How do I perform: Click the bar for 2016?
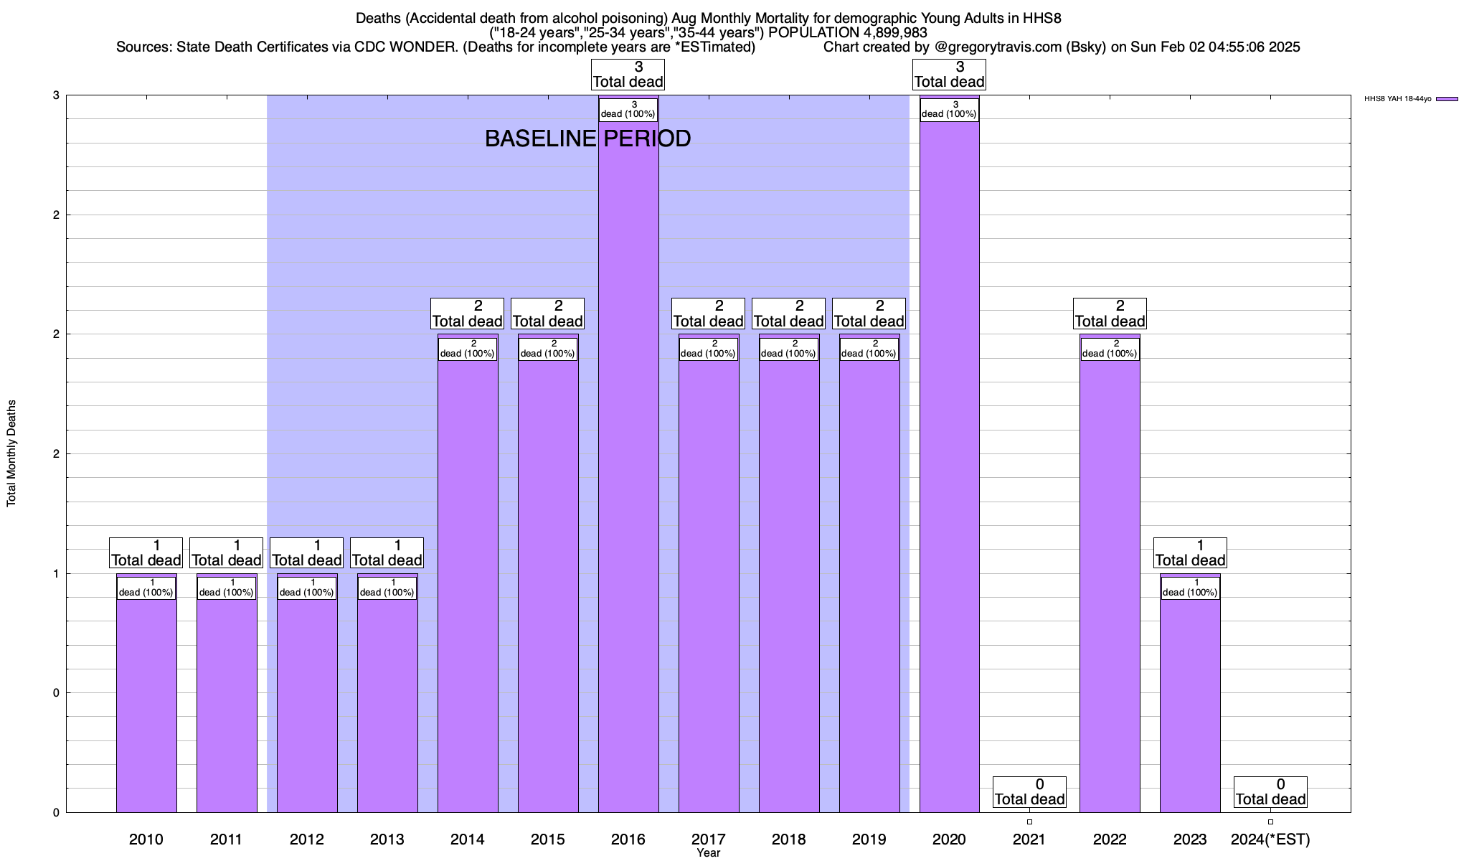click(628, 466)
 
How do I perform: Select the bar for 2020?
click(949, 466)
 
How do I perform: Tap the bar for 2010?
click(146, 703)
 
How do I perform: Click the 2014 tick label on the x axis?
click(467, 839)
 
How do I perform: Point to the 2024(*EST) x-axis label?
click(1270, 839)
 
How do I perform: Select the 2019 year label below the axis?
click(869, 839)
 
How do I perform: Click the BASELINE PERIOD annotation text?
click(587, 138)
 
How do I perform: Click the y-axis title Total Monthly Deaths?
click(11, 453)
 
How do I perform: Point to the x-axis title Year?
click(708, 853)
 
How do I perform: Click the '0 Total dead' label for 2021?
click(1029, 792)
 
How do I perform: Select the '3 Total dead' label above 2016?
click(628, 75)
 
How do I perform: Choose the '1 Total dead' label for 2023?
click(1190, 553)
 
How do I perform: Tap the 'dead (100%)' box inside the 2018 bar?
click(788, 349)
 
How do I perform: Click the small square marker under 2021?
click(1029, 822)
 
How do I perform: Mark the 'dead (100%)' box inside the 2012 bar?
click(306, 588)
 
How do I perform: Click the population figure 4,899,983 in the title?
click(885, 32)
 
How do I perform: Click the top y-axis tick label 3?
click(55, 95)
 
